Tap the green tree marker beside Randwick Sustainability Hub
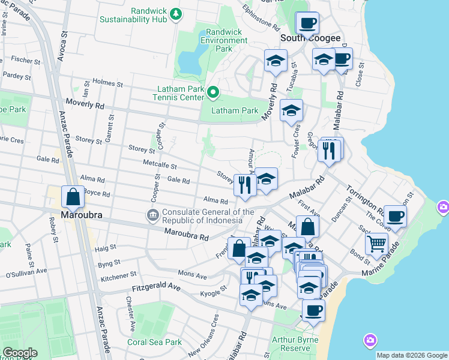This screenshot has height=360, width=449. click(x=175, y=13)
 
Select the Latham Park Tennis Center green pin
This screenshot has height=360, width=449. click(x=212, y=92)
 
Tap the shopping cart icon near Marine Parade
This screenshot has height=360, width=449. click(x=376, y=243)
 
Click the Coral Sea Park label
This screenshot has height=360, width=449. click(x=154, y=342)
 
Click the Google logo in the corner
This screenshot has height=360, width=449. click(x=20, y=353)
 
